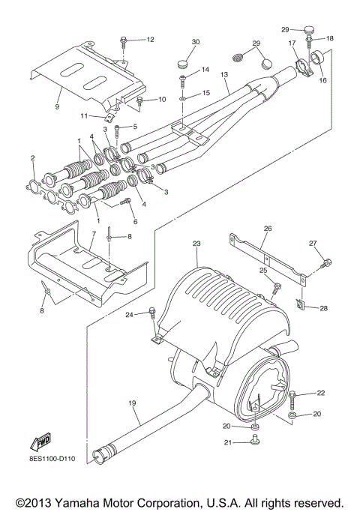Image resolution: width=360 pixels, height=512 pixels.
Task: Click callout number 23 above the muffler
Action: [x=197, y=244]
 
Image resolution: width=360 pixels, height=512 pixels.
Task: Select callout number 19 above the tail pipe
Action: [x=132, y=404]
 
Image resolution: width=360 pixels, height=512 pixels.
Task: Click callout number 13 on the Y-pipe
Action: [x=223, y=76]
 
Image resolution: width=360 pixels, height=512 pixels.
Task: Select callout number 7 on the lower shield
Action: [x=92, y=235]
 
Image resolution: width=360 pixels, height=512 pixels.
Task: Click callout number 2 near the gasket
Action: [x=32, y=157]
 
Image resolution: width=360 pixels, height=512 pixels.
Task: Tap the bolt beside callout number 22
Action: [x=291, y=394]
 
